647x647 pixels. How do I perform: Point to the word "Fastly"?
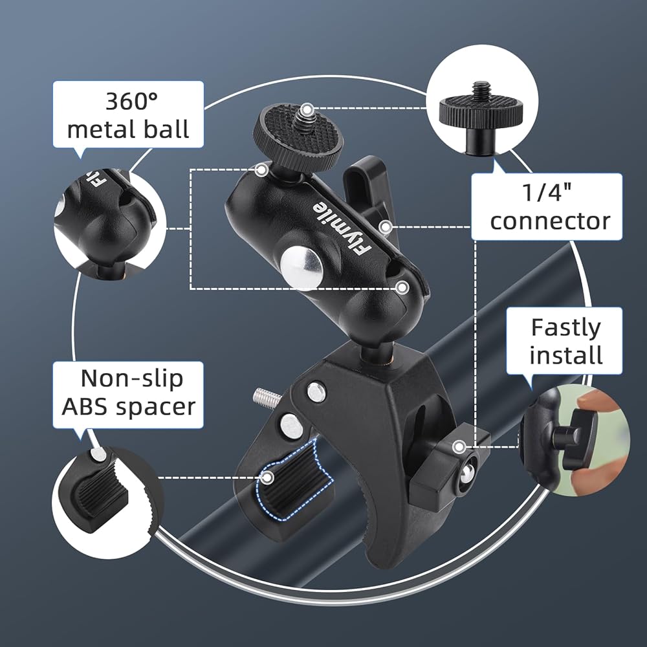pyautogui.click(x=565, y=329)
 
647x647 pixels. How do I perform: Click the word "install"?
pyautogui.click(x=565, y=355)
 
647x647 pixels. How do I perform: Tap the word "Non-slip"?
pyautogui.click(x=131, y=378)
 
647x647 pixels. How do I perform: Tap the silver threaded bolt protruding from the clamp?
pyautogui.click(x=267, y=397)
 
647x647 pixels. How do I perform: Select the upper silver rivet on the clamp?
pyautogui.click(x=316, y=391)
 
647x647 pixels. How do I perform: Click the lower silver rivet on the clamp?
pyautogui.click(x=291, y=426)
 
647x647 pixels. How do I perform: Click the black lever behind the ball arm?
pyautogui.click(x=369, y=190)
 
